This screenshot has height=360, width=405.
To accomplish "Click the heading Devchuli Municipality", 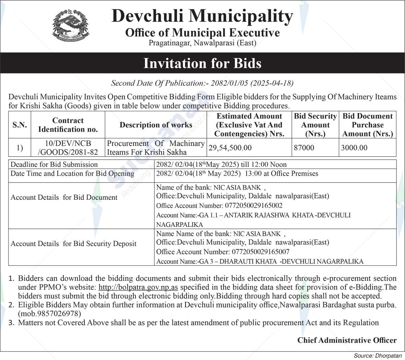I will click(202, 16).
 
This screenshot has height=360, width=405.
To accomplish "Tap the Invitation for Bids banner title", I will click(202, 63).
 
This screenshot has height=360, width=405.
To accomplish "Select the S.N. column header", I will click(20, 125).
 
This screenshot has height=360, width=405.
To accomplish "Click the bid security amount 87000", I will click(304, 148).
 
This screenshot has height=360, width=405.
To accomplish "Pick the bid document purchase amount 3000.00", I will click(354, 148).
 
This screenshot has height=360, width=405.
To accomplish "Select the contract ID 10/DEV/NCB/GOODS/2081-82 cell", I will click(68, 148).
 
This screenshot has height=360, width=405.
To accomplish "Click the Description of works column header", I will click(156, 125).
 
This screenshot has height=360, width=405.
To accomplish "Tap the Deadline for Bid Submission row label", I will click(54, 164).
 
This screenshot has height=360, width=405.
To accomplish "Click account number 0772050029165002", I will click(254, 206).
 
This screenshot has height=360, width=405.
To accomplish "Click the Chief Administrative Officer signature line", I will click(347, 340).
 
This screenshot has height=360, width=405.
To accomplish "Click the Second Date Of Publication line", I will click(202, 83).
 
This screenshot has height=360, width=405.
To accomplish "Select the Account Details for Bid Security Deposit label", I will click(73, 244).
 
